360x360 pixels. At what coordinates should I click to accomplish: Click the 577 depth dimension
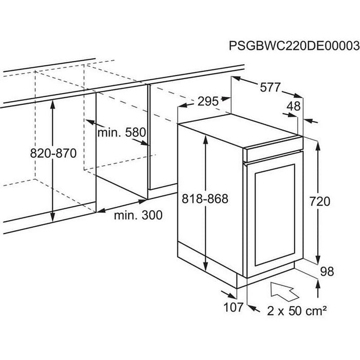pos(269,88)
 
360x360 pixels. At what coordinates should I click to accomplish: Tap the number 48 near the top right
pos(294,107)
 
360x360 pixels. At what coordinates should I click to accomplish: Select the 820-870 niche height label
pos(53,153)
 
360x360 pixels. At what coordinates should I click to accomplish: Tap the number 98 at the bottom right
pos(328,272)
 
